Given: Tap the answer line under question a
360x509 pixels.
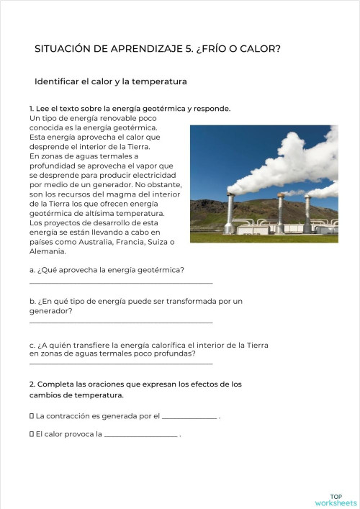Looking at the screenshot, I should (x=121, y=283).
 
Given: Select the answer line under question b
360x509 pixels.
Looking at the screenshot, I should (x=121, y=323).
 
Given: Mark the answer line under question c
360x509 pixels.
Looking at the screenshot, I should (x=121, y=364).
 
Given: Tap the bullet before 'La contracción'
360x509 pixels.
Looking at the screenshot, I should (x=32, y=416).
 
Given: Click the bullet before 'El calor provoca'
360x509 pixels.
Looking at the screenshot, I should (x=32, y=435).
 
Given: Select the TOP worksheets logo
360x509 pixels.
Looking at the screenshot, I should (x=336, y=500).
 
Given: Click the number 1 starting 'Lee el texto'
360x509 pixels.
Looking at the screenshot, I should (x=32, y=109).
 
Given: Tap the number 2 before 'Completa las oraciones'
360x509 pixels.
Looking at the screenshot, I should (x=32, y=384).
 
